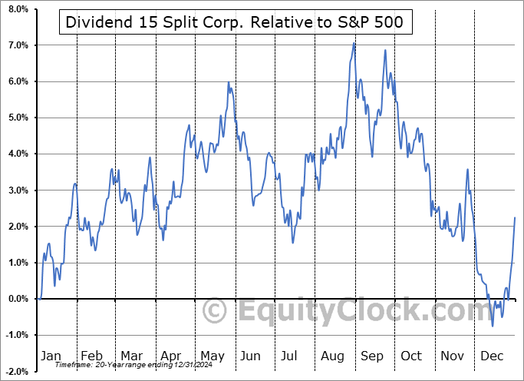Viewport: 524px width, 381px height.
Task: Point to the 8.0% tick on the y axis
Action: [x=18, y=9]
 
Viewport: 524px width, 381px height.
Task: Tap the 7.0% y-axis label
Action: [x=18, y=45]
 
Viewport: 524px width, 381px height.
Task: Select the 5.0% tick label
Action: [x=18, y=118]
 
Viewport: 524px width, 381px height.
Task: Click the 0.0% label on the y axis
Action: [x=18, y=299]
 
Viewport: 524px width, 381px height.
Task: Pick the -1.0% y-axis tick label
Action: [x=16, y=335]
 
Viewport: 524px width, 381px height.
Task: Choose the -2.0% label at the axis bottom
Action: [x=16, y=371]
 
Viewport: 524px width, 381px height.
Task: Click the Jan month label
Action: [x=51, y=356]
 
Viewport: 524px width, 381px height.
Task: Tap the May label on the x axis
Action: [x=212, y=356]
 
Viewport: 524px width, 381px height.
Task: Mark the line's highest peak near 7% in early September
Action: [x=354, y=43]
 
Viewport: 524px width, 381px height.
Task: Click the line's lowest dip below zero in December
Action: [x=493, y=326]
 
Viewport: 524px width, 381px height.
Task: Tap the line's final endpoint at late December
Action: [x=515, y=218]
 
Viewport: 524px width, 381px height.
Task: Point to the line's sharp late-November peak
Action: [x=467, y=170]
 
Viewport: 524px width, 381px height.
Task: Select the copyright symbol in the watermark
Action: [x=215, y=311]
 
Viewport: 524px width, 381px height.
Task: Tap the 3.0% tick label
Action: [x=18, y=190]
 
